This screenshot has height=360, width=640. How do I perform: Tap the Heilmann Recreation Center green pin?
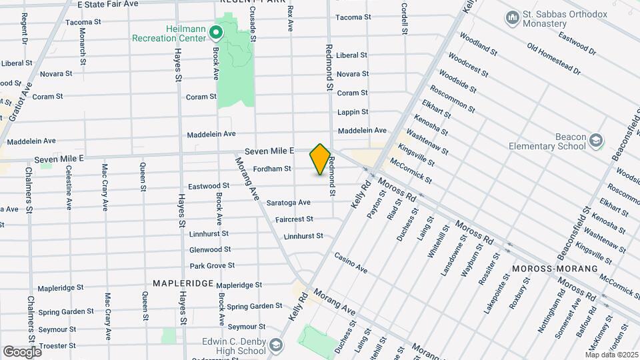coord(215,32)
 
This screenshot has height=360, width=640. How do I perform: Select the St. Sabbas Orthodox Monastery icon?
coord(513,17)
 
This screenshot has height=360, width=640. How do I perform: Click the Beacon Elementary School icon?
coord(596,141)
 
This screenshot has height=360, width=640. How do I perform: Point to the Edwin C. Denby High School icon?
coord(276,345)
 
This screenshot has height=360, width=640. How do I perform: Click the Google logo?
coord(22,351)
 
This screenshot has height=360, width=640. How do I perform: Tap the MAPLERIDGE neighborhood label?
coord(183,283)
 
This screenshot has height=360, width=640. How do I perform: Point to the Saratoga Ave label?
coord(288,202)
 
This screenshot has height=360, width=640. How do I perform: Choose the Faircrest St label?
coord(294,219)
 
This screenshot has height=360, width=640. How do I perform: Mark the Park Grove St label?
coord(212,265)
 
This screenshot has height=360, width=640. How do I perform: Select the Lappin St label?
coord(353,112)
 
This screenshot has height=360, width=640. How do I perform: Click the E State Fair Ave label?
coord(107,4)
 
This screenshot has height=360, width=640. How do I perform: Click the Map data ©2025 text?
coord(611,354)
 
